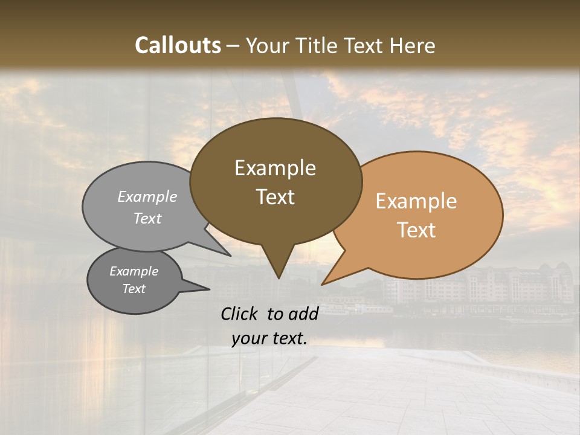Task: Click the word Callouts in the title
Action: click(x=178, y=45)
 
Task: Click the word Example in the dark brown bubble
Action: click(x=275, y=168)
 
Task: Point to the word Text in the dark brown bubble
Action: click(x=275, y=197)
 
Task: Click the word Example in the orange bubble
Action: click(x=416, y=201)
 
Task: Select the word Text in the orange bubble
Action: click(x=416, y=230)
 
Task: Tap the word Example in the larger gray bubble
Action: click(x=147, y=197)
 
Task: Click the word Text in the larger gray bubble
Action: click(x=147, y=218)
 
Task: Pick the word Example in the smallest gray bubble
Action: click(x=134, y=271)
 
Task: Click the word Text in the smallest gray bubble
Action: click(x=134, y=289)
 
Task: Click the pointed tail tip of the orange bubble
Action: click(x=323, y=284)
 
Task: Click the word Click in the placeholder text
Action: click(x=240, y=314)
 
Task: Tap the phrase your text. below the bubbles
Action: click(x=269, y=338)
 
